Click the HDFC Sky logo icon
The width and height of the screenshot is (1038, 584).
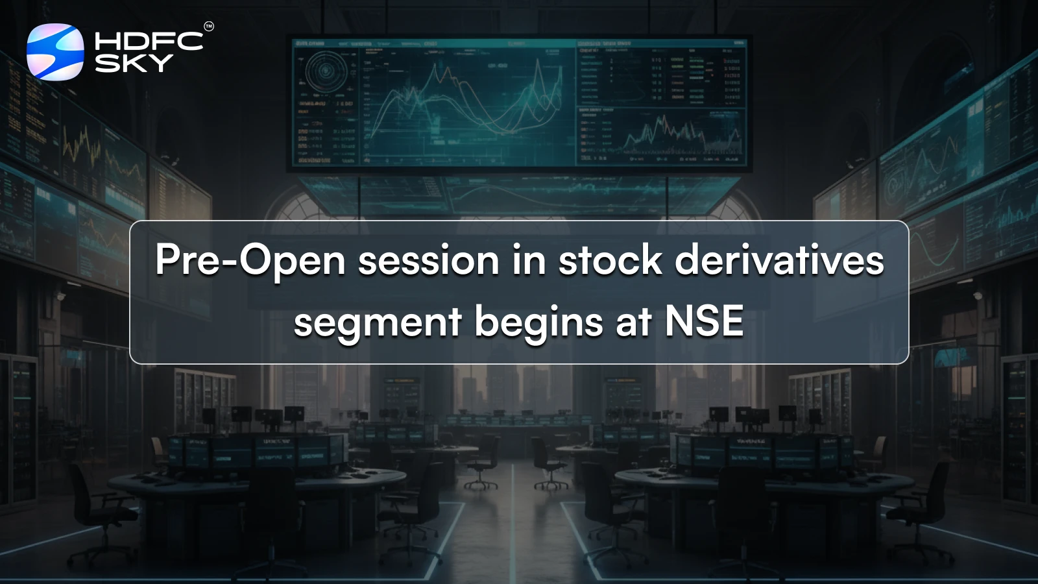pos(55,51)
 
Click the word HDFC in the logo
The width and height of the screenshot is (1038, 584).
pos(149,42)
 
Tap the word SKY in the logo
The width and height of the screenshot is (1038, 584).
pos(134,63)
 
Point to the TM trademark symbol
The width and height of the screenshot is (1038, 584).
pos(208,27)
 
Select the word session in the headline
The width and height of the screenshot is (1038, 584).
pos(428,261)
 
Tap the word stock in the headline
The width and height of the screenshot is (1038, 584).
pos(610,261)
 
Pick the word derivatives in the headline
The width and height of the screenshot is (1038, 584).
pos(779,261)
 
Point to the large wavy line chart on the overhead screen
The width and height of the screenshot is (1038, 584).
pos(467,97)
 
